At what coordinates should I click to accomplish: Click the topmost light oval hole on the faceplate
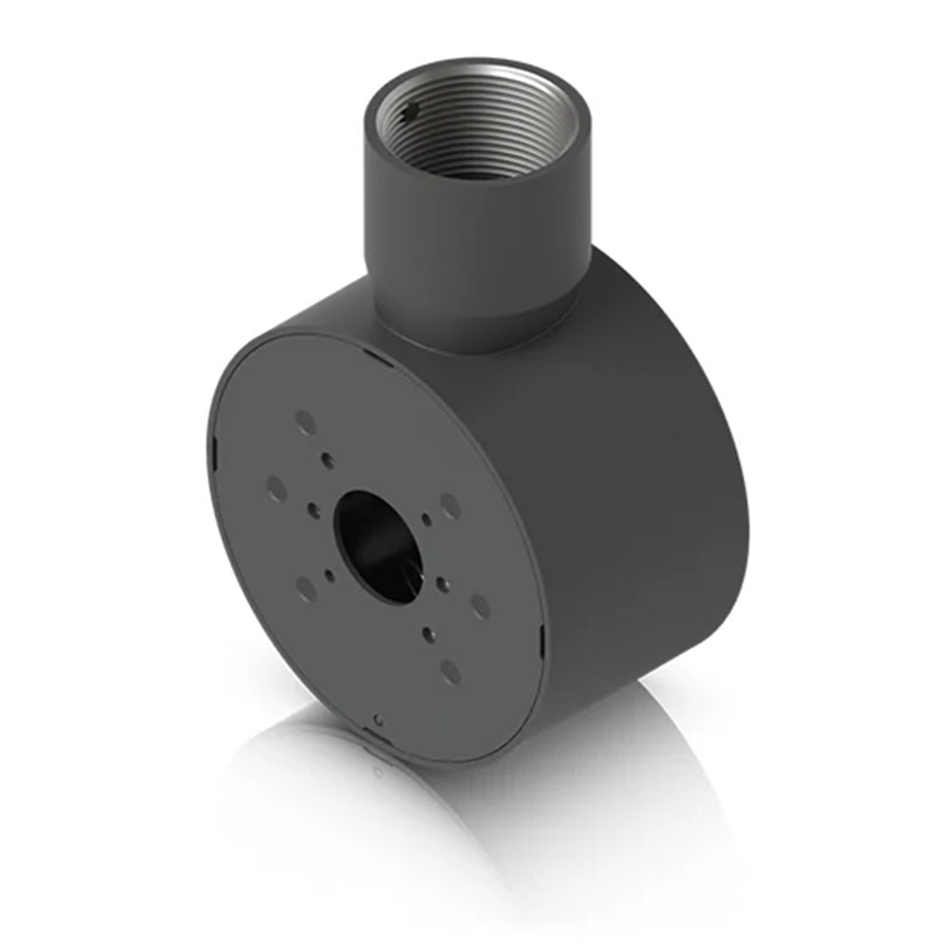[x=305, y=423]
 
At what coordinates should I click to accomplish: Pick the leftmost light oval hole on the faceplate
[x=275, y=488]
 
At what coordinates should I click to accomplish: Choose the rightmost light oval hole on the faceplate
[x=479, y=607]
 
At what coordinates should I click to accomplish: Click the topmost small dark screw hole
[x=326, y=459]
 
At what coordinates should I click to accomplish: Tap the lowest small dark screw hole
[x=428, y=634]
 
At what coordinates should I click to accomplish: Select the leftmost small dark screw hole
[x=313, y=509]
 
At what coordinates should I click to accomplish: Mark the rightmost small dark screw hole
[x=442, y=584]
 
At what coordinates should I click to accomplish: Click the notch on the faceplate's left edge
[x=213, y=453]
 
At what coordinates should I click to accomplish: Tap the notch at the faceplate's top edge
[x=371, y=352]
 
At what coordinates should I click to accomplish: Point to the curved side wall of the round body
[x=630, y=482]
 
